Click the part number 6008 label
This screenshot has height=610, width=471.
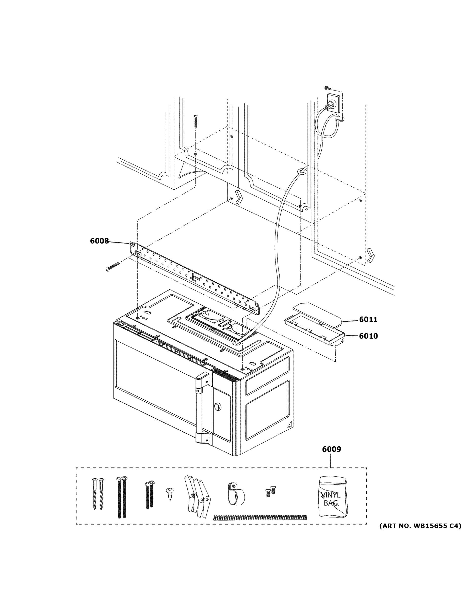pos(99,241)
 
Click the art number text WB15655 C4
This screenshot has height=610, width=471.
pos(420,526)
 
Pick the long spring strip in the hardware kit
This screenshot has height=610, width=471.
pos(260,517)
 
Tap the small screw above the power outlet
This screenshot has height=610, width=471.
pos(328,88)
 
